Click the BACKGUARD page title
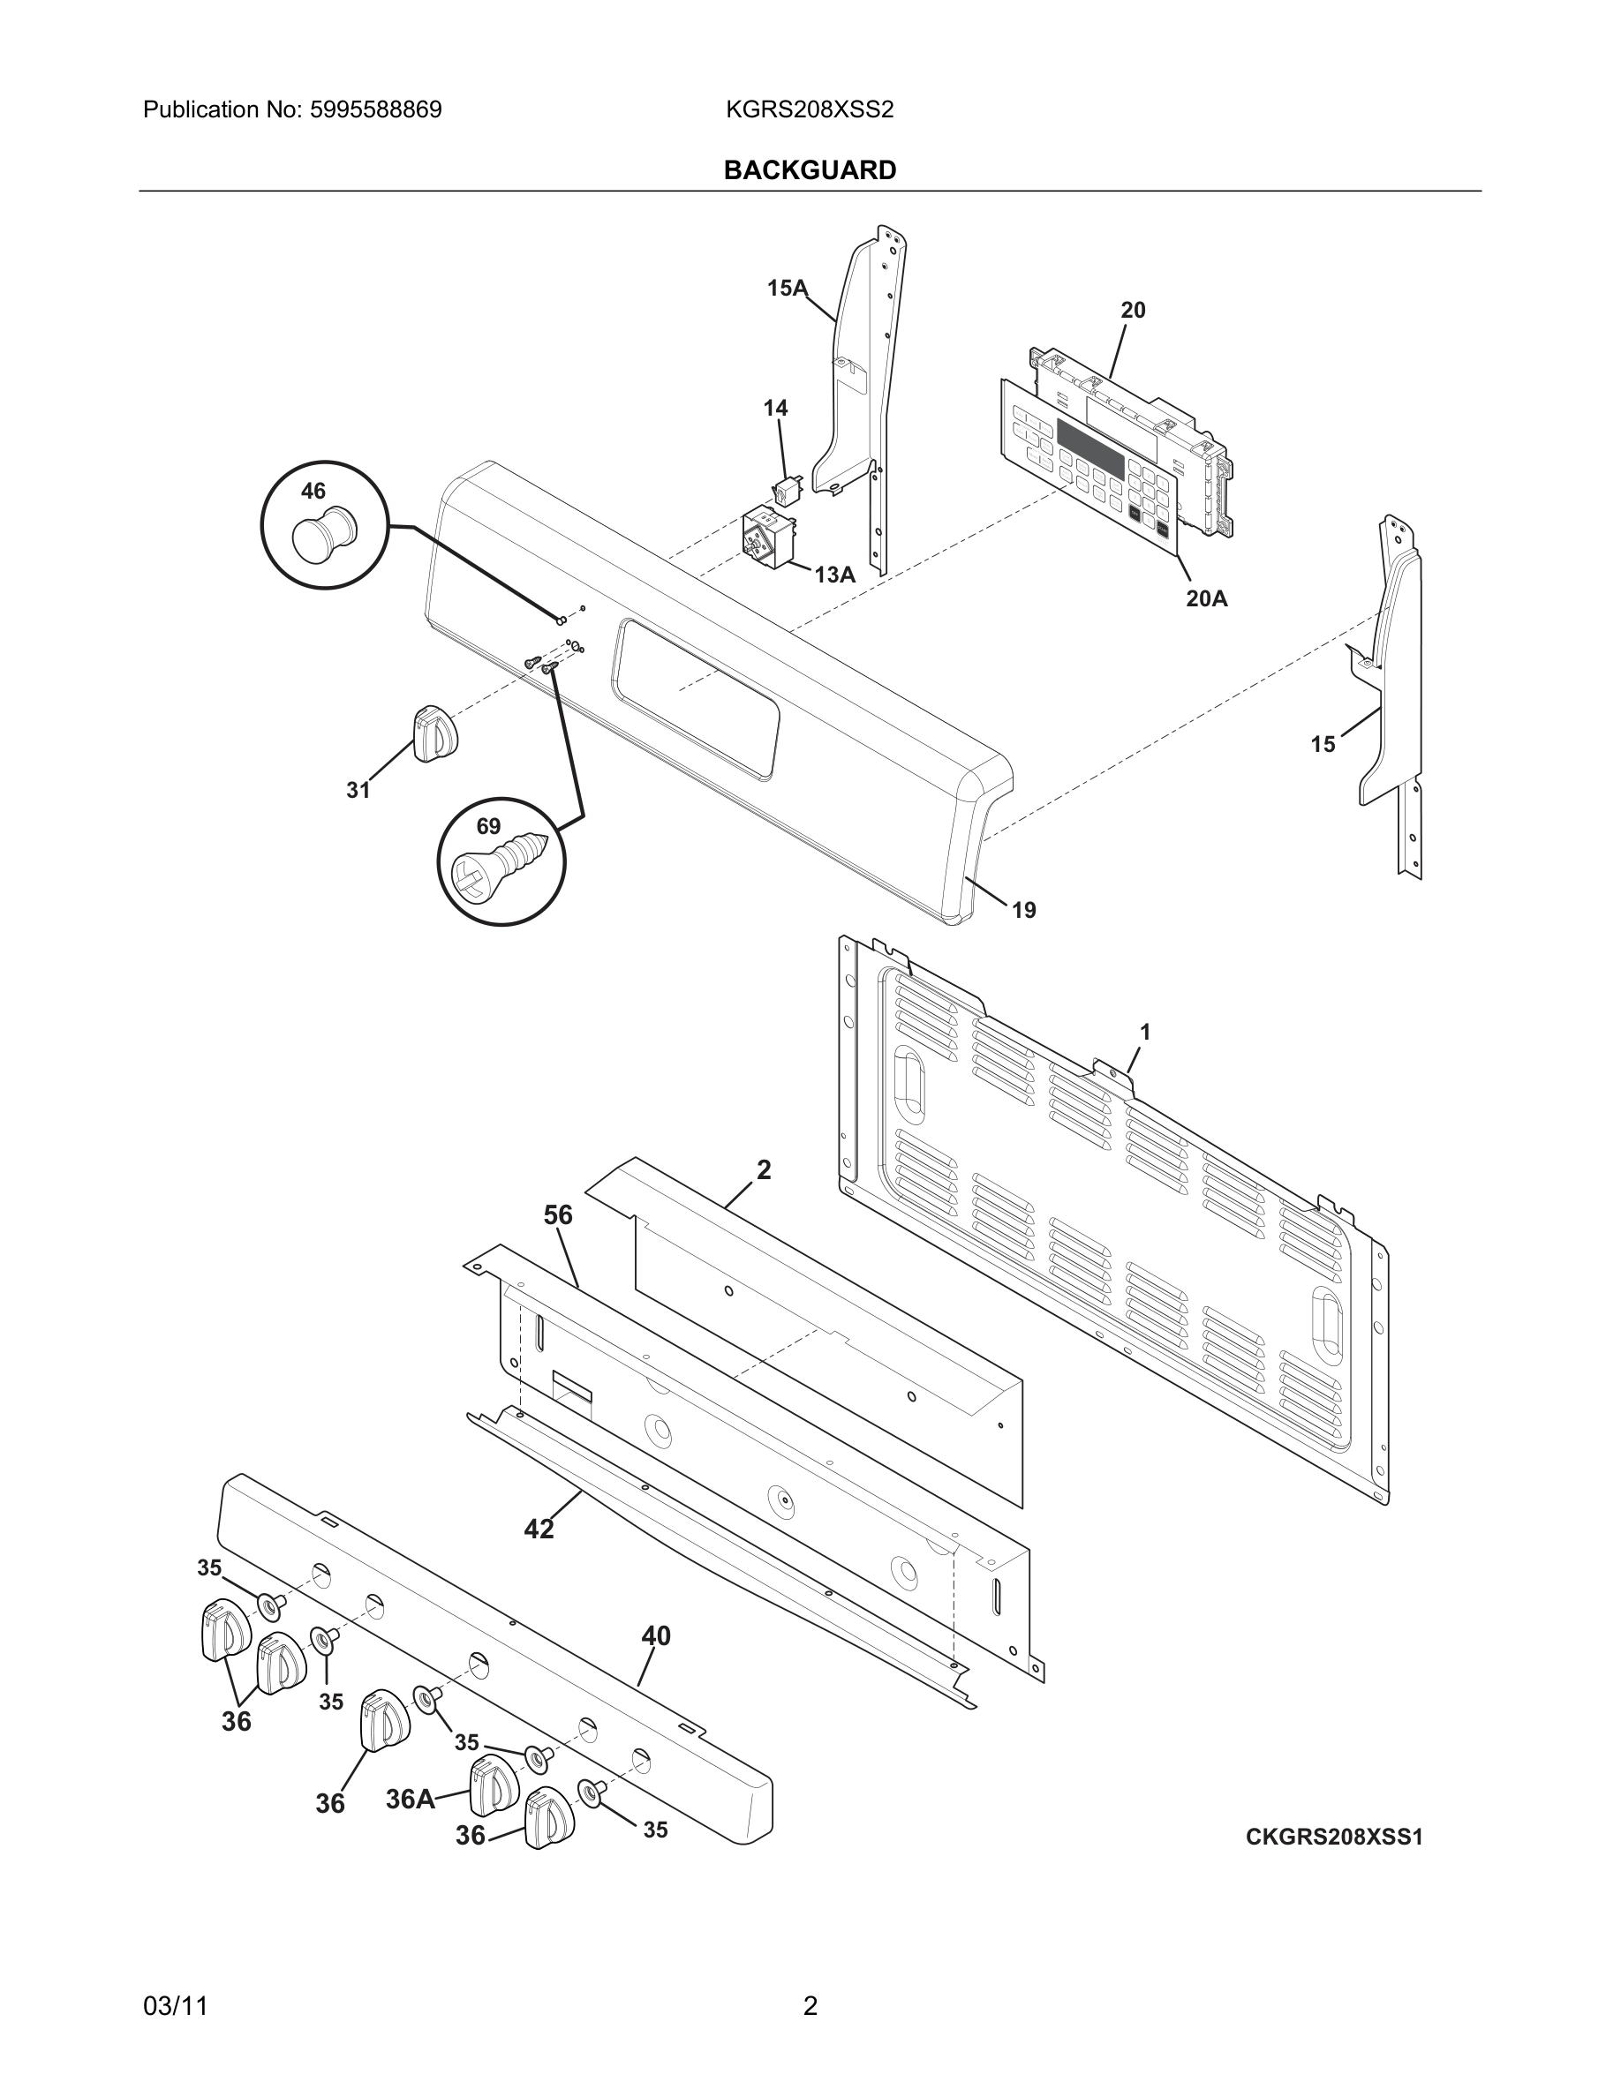810,170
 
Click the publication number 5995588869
375,109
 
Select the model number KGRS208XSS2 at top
810,109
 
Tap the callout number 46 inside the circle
313,492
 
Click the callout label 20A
1206,599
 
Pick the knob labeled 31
435,734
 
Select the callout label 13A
834,575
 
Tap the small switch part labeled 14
788,491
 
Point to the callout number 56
558,1215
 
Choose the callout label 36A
410,1800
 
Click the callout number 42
539,1529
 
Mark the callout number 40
656,1635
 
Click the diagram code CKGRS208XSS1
1334,1837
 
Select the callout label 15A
787,288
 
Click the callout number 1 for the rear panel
1145,1033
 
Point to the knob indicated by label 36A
494,1786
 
